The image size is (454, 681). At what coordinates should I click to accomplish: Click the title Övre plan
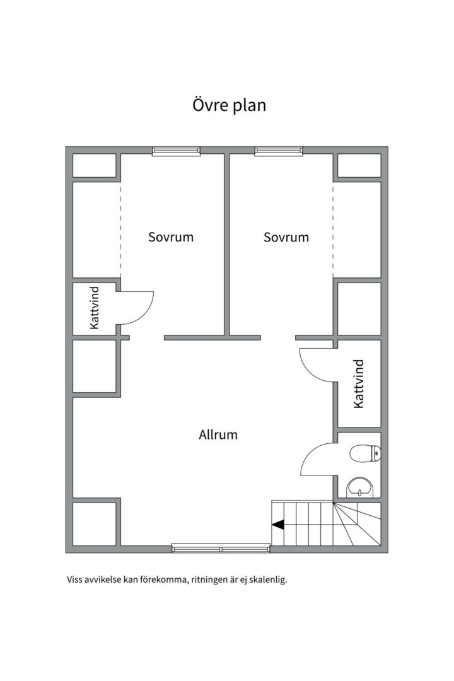229,105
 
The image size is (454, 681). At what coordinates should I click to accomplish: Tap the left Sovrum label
171,237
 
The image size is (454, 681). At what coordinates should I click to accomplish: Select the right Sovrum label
286,237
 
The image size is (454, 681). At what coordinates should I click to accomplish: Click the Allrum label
218,434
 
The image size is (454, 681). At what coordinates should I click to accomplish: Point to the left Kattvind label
95,308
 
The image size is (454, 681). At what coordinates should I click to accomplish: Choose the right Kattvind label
359,384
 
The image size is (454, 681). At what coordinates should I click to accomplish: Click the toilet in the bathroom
365,453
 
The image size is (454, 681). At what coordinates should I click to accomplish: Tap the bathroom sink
359,487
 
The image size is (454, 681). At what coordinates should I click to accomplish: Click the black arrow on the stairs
278,525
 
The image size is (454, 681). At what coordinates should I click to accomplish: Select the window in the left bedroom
177,151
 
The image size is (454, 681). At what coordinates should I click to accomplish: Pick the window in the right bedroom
279,151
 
